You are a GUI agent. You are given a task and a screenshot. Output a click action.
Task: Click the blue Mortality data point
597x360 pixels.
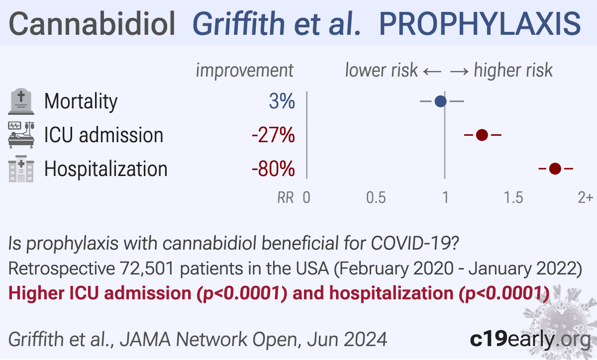[x=441, y=101]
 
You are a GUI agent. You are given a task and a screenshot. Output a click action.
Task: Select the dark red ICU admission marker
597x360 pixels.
[x=482, y=135]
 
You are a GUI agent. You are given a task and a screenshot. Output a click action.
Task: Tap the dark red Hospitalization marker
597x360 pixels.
[x=555, y=169]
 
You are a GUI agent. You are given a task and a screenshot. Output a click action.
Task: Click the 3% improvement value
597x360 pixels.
[x=282, y=101]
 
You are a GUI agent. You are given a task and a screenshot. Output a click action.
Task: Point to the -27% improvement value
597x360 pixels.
[x=273, y=135]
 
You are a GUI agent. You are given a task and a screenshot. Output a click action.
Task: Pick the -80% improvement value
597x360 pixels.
[x=273, y=169]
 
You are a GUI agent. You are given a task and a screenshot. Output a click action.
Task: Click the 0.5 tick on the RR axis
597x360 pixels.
[x=376, y=197]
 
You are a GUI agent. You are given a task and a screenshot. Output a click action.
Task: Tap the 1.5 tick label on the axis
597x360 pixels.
[x=513, y=197]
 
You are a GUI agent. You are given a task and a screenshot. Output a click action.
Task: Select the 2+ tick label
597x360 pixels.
[x=586, y=197]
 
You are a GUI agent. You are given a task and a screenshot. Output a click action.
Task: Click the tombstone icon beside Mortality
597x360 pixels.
[x=21, y=101]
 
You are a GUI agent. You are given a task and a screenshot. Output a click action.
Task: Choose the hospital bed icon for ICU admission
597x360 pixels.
[x=21, y=135]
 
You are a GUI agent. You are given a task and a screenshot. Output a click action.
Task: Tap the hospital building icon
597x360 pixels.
[x=21, y=169]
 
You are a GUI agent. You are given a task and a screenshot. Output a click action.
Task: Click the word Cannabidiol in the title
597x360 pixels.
[x=92, y=24]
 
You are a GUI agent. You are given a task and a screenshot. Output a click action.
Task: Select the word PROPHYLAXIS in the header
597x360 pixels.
[x=480, y=24]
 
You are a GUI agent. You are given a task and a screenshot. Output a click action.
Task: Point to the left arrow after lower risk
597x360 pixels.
[x=432, y=72]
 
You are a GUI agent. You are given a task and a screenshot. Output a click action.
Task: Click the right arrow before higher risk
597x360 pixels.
[x=459, y=72]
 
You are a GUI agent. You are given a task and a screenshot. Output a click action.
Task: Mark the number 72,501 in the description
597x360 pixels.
[x=147, y=268]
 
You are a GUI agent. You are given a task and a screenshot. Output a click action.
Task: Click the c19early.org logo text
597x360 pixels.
[x=530, y=340]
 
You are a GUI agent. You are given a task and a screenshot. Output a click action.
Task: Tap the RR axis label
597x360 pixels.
[x=286, y=197]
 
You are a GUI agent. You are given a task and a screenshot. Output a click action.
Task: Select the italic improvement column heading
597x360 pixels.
[x=245, y=71]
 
